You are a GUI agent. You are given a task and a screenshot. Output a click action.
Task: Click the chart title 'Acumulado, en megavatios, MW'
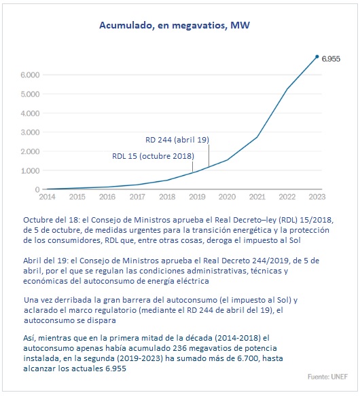(175, 25)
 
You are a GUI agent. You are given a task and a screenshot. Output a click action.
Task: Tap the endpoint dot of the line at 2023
(317, 56)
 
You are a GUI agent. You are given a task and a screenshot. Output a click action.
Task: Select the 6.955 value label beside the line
(331, 59)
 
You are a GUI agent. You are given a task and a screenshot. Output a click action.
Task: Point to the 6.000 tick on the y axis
(30, 75)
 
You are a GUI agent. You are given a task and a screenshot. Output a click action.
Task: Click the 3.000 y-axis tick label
(30, 132)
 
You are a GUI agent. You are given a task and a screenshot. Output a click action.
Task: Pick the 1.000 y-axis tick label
(30, 170)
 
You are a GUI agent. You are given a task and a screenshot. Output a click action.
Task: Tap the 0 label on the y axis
(37, 189)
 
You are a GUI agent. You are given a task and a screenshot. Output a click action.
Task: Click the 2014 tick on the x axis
(47, 197)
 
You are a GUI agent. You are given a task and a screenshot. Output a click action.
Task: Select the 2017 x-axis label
(137, 197)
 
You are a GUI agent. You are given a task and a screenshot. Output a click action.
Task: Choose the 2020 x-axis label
(227, 197)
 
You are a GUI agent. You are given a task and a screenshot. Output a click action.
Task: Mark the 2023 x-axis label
(317, 197)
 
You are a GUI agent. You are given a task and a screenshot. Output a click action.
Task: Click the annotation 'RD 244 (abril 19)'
(177, 140)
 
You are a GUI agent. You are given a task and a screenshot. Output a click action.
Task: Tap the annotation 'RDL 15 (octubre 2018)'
(153, 156)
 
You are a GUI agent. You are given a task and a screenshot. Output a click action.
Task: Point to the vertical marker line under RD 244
(209, 155)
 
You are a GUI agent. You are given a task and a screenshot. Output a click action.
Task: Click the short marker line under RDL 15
(192, 166)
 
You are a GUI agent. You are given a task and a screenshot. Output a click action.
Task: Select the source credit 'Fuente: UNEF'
(327, 377)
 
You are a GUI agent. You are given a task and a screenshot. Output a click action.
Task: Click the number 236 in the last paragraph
(179, 348)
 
